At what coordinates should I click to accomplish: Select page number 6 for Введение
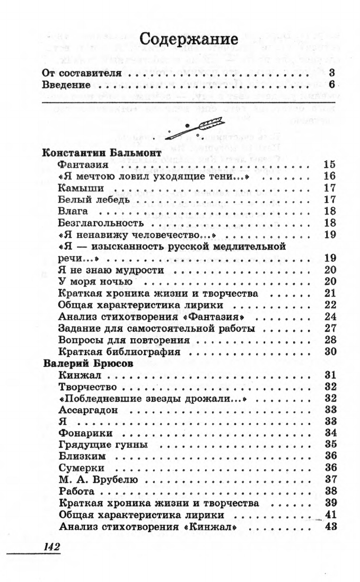[331, 85]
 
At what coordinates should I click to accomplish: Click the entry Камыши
[81, 188]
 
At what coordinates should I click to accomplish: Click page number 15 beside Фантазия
[330, 164]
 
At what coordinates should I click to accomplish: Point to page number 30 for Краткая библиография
[330, 351]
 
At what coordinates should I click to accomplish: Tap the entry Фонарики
[82, 433]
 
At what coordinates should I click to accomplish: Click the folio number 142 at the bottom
[50, 546]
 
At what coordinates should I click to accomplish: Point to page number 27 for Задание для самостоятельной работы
[330, 328]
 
